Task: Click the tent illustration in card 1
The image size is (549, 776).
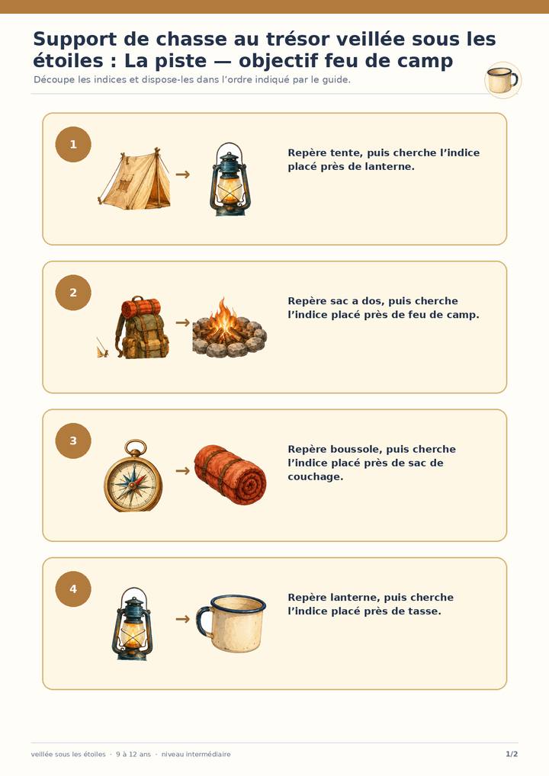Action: click(x=135, y=179)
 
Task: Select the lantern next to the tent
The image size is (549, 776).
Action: click(x=230, y=179)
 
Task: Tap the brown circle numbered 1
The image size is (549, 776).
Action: click(x=73, y=145)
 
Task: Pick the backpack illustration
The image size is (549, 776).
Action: click(x=142, y=328)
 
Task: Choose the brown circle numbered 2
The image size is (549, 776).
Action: click(x=73, y=293)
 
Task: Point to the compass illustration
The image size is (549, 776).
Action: click(x=133, y=476)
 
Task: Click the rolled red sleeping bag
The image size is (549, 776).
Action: click(x=230, y=475)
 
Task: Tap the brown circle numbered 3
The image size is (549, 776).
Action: click(x=73, y=441)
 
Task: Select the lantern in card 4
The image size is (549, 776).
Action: click(x=132, y=624)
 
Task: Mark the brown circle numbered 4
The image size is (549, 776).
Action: click(x=73, y=589)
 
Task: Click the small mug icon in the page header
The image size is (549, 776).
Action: click(x=502, y=80)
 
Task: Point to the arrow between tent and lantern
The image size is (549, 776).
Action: click(x=183, y=175)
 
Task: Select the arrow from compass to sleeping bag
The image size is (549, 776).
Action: click(x=183, y=470)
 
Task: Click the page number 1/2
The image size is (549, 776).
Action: click(x=512, y=754)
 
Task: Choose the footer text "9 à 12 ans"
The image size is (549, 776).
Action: click(x=133, y=754)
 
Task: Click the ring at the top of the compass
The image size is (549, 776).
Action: click(x=135, y=447)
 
